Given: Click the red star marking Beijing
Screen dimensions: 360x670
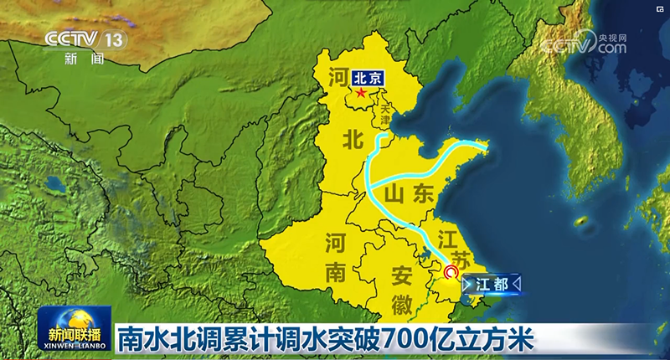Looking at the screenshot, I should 361,91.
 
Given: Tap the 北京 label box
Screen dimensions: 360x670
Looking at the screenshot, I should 368,76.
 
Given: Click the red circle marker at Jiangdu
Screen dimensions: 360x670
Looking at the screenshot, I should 451,272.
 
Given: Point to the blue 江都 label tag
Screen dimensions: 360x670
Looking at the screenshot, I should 492,283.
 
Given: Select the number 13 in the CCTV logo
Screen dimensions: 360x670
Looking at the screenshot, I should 114,39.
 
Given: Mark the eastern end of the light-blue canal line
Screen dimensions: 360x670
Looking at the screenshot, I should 485,147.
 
